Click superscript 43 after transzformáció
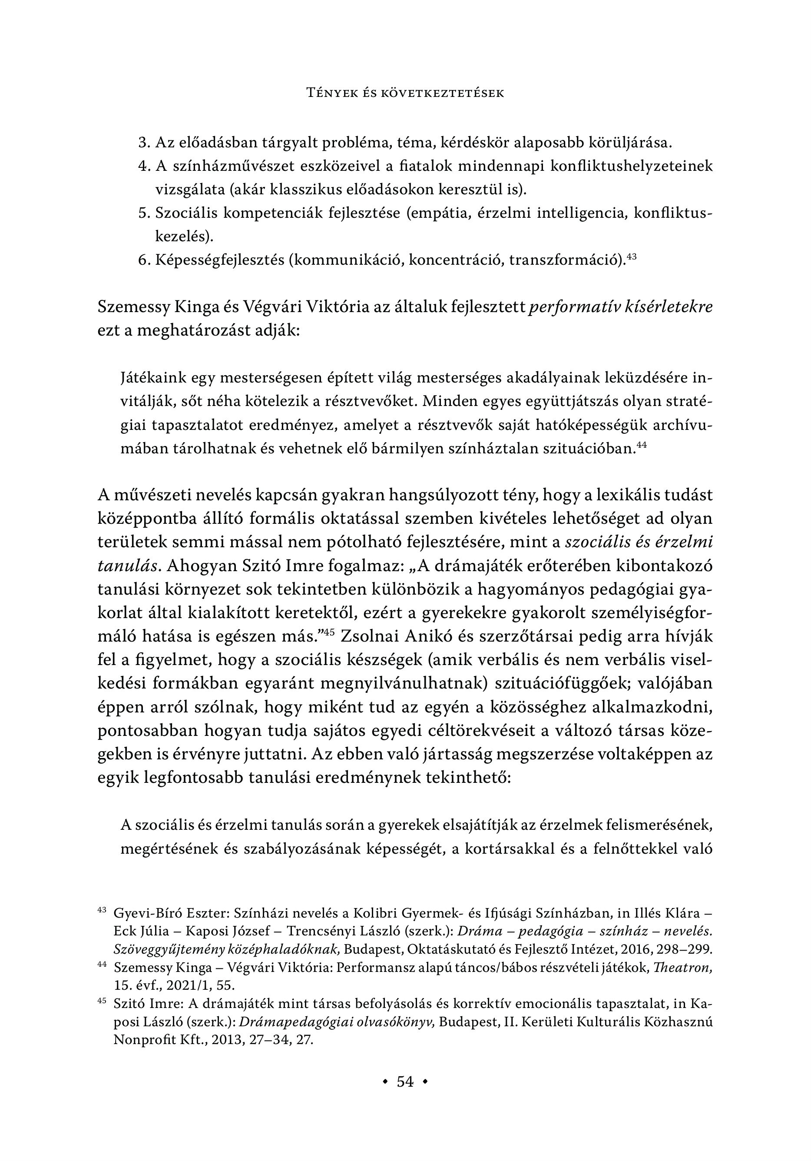(631, 256)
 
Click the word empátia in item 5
(446, 213)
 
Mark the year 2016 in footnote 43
(627, 950)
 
